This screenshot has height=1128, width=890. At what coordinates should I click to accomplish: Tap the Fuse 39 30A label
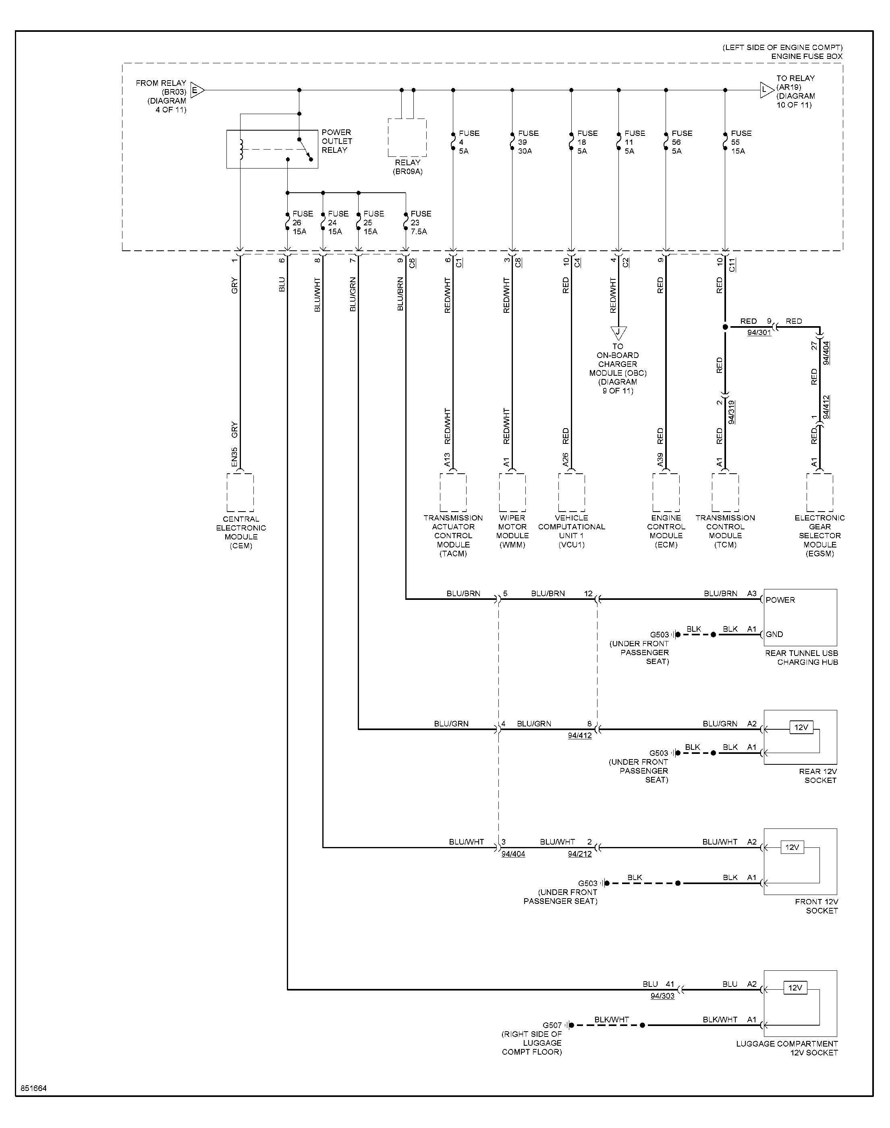pos(528,142)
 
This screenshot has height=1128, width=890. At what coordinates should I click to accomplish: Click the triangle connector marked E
pos(197,90)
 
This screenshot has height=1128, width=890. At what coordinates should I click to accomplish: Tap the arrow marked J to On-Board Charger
pos(618,333)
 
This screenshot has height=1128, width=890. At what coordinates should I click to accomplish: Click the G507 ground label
pos(552,1025)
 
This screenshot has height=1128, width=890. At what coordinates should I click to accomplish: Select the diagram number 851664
pos(34,1088)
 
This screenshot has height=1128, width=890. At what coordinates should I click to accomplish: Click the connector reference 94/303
pos(662,996)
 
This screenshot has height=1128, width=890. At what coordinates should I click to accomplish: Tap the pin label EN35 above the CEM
pos(234,457)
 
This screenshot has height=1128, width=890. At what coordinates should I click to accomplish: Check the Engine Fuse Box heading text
pos(807,56)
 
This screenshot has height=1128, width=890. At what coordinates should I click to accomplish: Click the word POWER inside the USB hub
pos(780,600)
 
